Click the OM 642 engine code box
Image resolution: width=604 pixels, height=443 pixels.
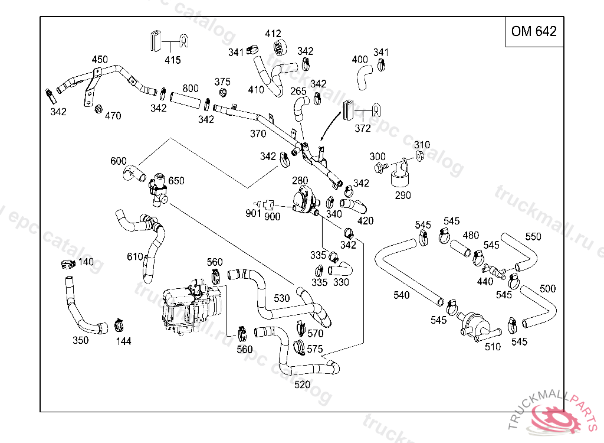534,32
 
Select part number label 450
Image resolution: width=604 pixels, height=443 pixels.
100,59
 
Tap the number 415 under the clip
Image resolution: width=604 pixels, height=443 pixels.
172,60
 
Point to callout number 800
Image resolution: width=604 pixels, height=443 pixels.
191,89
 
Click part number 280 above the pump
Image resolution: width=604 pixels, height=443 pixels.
300,180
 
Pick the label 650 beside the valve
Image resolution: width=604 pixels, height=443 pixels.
176,181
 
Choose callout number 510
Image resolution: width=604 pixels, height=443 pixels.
493,347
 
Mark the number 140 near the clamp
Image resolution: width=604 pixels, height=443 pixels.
86,262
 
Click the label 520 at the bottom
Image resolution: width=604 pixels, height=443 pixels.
302,385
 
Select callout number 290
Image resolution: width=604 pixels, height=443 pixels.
403,196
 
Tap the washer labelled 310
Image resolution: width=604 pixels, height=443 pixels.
419,155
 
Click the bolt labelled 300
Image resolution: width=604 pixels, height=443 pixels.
383,168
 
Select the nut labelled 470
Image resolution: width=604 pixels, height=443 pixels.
99,109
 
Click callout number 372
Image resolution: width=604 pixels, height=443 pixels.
362,128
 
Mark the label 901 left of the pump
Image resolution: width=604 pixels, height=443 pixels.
253,213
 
